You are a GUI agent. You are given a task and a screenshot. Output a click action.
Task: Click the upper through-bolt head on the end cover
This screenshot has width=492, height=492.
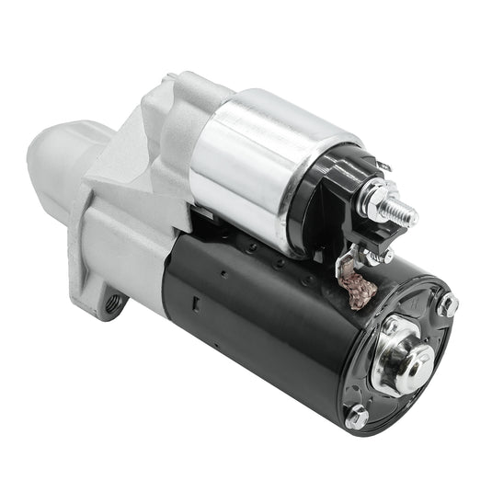pos(447,304)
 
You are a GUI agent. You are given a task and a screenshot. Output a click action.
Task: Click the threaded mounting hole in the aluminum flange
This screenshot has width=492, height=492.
pos(112,303)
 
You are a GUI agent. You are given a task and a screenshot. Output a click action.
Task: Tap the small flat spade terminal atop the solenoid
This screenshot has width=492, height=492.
pos(381,166)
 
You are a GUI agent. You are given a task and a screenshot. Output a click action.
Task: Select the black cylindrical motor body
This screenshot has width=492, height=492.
pos(267,322)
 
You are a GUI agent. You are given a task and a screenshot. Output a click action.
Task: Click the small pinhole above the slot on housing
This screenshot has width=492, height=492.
pos(224,273)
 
